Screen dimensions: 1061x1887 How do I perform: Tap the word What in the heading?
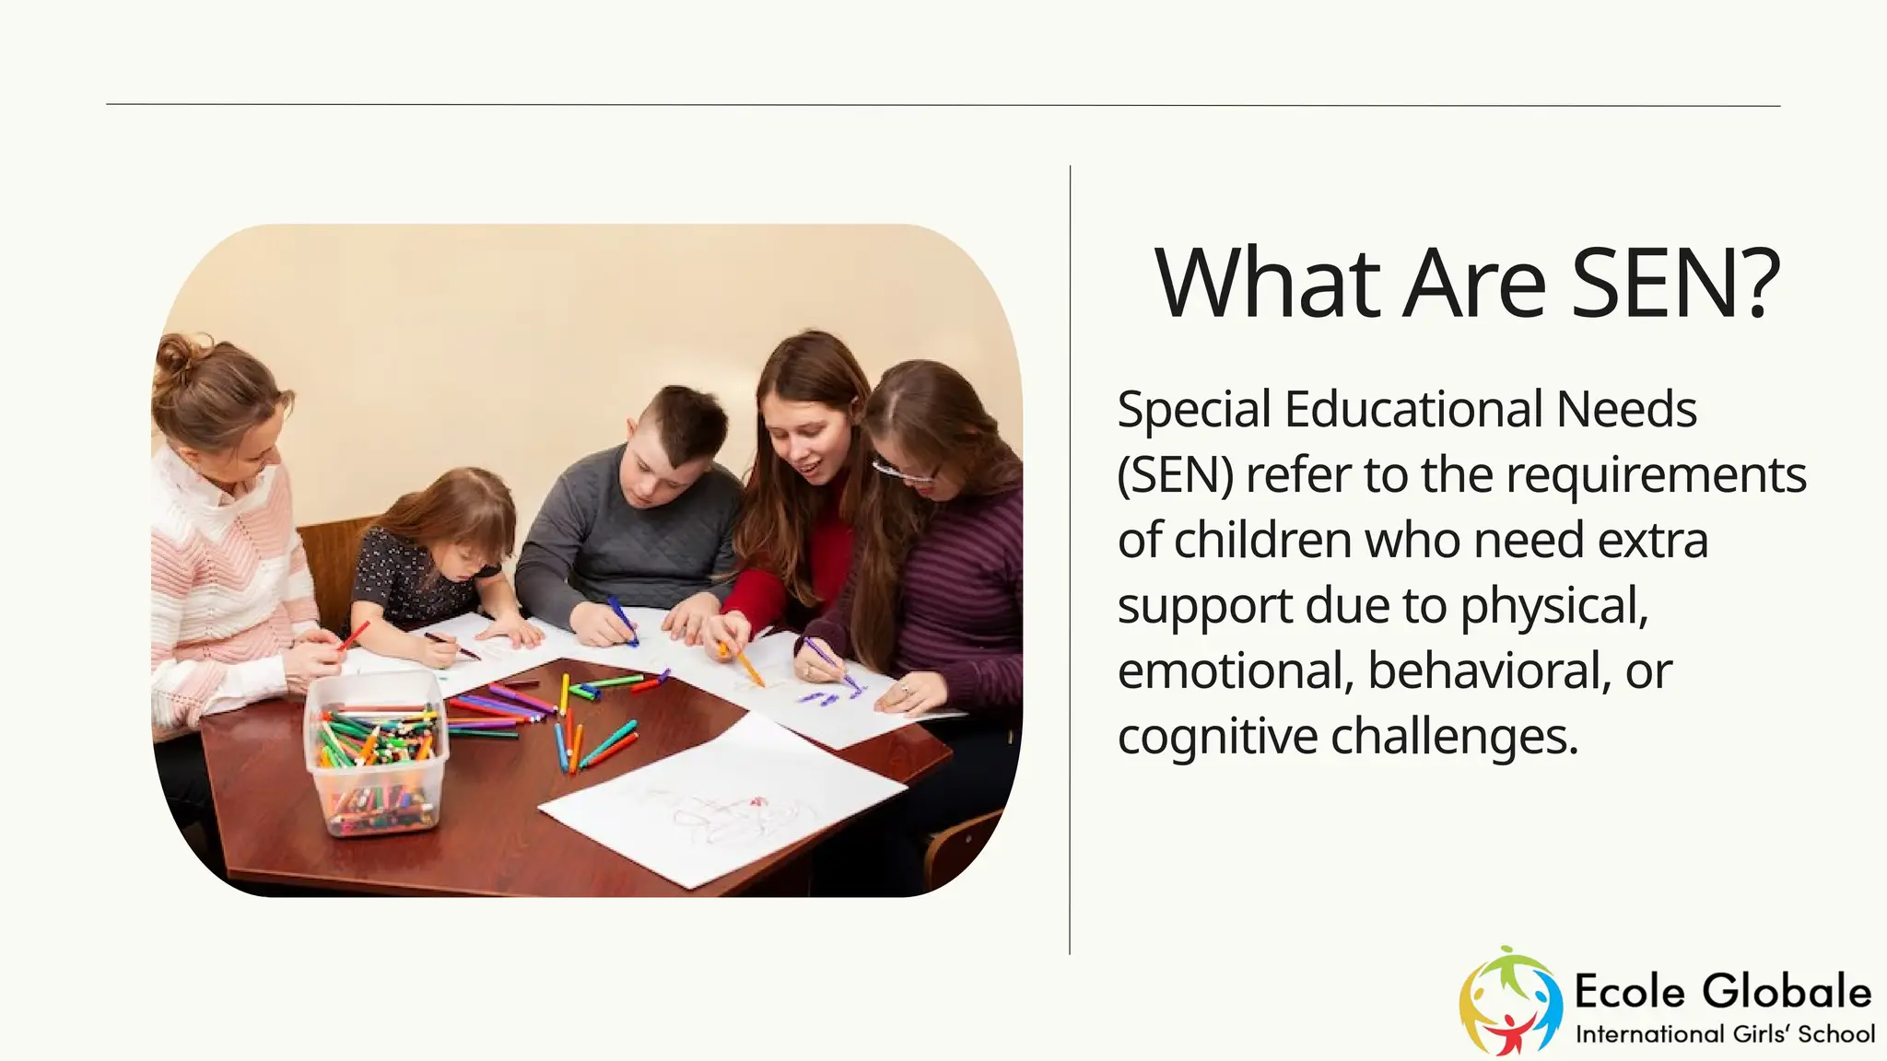pyautogui.click(x=1268, y=284)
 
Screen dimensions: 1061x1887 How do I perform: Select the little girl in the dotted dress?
pyautogui.click(x=433, y=562)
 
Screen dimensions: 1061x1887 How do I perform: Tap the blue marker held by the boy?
pyautogui.click(x=622, y=619)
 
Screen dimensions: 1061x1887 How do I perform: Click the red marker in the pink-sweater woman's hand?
pyautogui.click(x=354, y=635)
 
